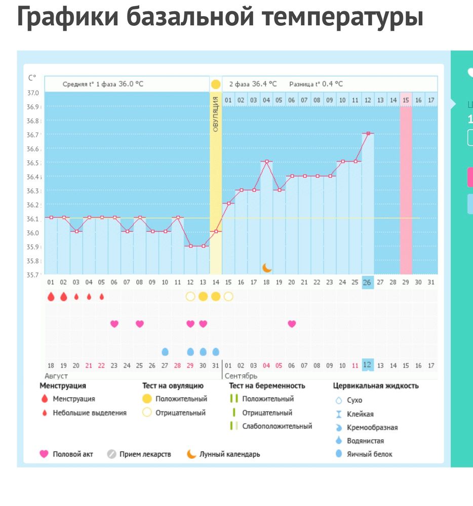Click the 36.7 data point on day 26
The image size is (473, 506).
(x=368, y=133)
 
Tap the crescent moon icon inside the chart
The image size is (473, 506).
(x=266, y=268)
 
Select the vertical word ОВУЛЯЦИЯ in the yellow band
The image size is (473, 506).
(x=216, y=113)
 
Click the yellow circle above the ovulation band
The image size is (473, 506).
(x=216, y=84)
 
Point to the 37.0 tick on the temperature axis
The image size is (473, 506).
(x=33, y=93)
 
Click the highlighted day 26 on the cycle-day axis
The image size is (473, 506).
(x=368, y=282)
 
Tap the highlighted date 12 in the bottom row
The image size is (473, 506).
(x=368, y=365)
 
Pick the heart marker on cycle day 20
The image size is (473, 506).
(x=292, y=324)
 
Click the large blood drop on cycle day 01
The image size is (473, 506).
(x=51, y=297)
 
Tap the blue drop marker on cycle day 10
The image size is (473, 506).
(x=165, y=352)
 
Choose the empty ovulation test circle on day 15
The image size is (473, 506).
(x=228, y=297)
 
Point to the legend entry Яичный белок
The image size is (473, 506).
(x=369, y=454)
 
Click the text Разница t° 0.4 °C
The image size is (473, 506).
(x=316, y=84)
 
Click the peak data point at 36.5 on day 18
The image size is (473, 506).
(x=266, y=161)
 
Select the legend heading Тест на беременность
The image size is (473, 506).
(x=267, y=386)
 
